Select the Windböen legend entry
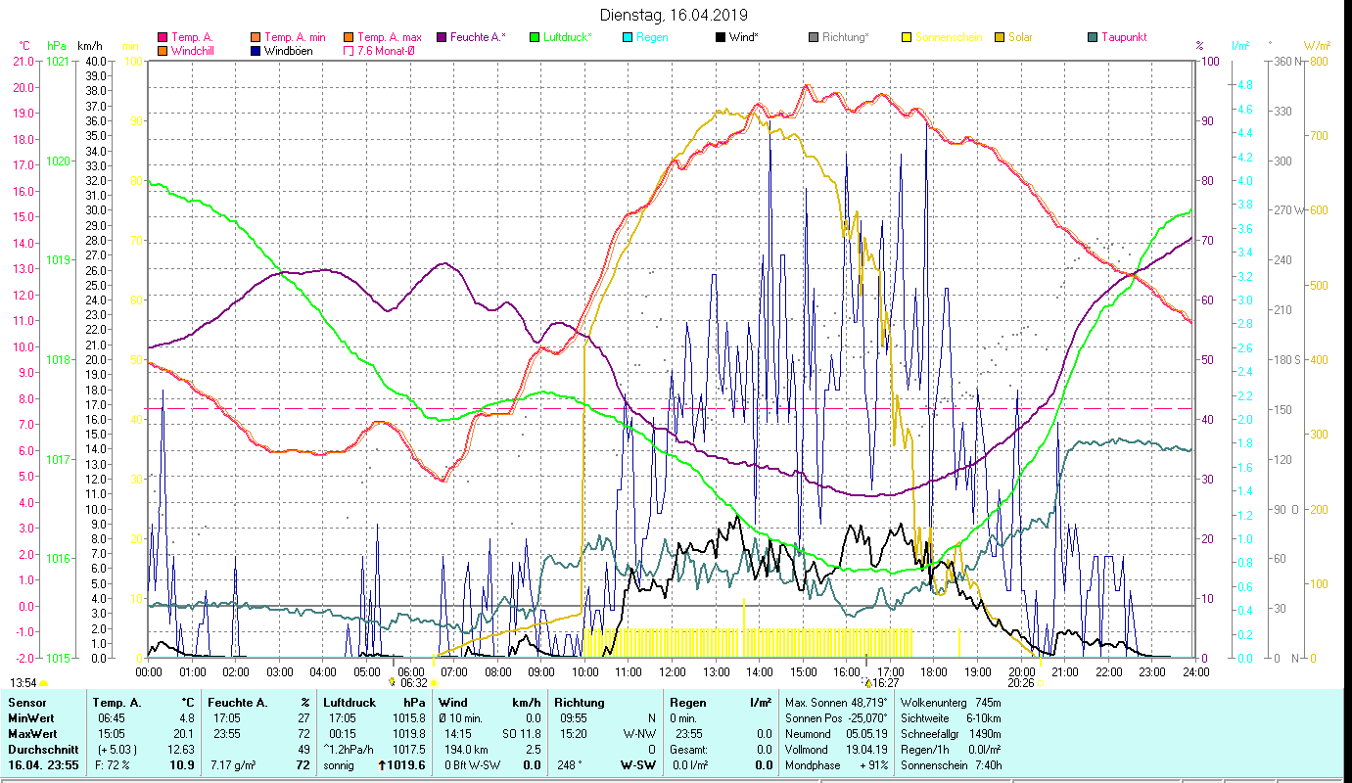289,51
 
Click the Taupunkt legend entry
1124,37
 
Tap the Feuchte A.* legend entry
477,37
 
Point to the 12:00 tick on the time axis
673,672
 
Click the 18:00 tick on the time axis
934,672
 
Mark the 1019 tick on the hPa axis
59,260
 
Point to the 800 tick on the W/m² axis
1318,61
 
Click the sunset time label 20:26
1021,683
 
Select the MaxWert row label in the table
31,732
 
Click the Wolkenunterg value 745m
983,703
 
